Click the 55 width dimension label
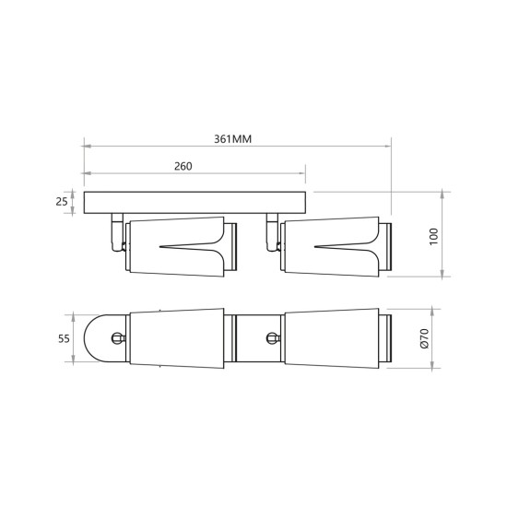click(x=64, y=338)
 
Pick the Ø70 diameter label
click(x=425, y=339)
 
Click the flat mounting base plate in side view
click(x=194, y=202)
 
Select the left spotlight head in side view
click(x=175, y=244)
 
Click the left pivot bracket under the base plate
click(x=114, y=233)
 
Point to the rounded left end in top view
click(x=94, y=338)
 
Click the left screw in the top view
click(x=116, y=338)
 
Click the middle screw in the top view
click(x=273, y=338)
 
